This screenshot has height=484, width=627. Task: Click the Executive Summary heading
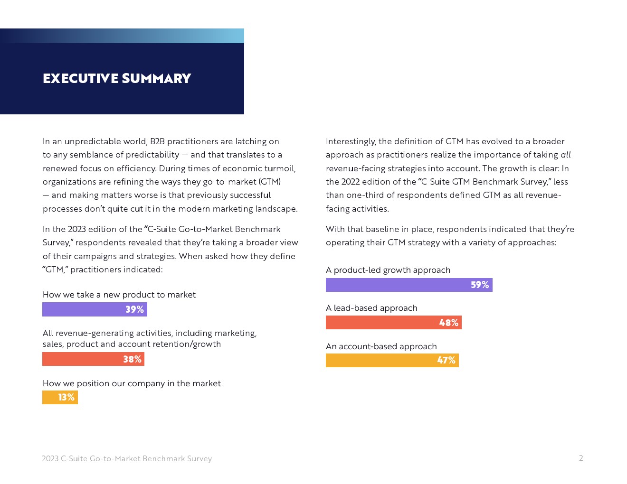pyautogui.click(x=117, y=78)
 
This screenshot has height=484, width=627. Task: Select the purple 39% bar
pyautogui.click(x=95, y=309)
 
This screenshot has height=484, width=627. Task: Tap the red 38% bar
pyautogui.click(x=93, y=359)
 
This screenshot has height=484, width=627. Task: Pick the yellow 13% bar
pyautogui.click(x=60, y=397)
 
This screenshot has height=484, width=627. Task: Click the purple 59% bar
pyautogui.click(x=409, y=285)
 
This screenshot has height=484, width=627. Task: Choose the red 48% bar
pyautogui.click(x=393, y=323)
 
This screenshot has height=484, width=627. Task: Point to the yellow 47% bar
pyautogui.click(x=392, y=360)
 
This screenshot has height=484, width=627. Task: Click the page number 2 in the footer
pyautogui.click(x=580, y=458)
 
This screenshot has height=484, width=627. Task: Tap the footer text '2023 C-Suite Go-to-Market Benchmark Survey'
pyautogui.click(x=127, y=458)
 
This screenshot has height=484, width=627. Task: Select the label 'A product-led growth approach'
pyautogui.click(x=388, y=270)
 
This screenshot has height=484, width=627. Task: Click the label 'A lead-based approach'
pyautogui.click(x=371, y=308)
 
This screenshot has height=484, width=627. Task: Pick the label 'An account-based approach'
pyautogui.click(x=381, y=346)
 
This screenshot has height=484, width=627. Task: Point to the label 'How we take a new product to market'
pyautogui.click(x=119, y=295)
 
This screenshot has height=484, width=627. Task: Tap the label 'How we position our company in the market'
pyautogui.click(x=132, y=383)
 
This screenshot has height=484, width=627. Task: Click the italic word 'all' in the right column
pyautogui.click(x=565, y=155)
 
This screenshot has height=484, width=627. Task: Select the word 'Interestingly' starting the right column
pyautogui.click(x=351, y=141)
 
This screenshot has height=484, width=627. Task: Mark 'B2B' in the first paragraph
pyautogui.click(x=157, y=141)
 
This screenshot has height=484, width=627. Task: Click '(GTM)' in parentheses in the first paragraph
pyautogui.click(x=269, y=182)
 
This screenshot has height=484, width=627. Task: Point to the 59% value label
pyautogui.click(x=480, y=285)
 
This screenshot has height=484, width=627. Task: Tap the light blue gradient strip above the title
pyautogui.click(x=122, y=36)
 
